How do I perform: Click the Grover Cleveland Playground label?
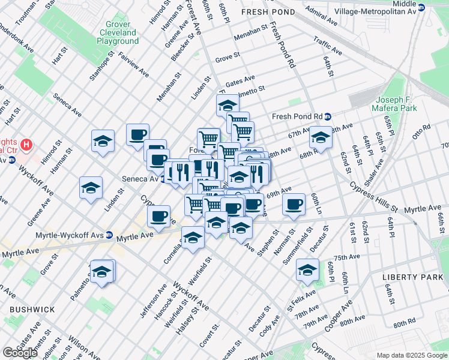(117, 32)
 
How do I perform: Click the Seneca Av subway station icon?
(163, 179)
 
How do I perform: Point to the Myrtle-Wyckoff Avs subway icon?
(109, 235)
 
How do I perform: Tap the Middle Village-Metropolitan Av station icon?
(421, 7)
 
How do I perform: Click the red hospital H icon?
(26, 145)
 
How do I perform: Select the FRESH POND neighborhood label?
(268, 12)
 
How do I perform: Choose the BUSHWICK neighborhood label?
(32, 309)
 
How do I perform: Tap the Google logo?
(20, 352)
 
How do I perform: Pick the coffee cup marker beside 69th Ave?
(294, 204)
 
